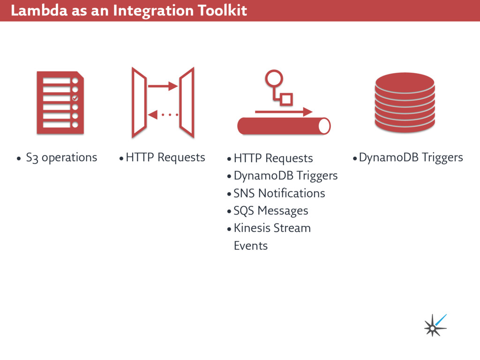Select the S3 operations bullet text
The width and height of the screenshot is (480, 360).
(x=61, y=157)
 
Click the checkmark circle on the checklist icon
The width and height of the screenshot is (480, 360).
(x=75, y=98)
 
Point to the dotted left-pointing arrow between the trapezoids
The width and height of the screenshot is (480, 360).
(x=163, y=114)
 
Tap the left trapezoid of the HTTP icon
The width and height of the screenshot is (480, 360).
(x=139, y=102)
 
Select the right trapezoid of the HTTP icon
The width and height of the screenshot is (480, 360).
(x=187, y=102)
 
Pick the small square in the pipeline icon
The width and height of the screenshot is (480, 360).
(x=286, y=99)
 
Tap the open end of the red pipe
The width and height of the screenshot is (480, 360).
(x=324, y=126)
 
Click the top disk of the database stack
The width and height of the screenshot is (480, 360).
(x=405, y=82)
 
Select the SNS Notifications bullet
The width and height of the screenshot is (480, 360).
(x=279, y=193)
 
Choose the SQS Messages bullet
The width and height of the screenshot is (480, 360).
(x=270, y=211)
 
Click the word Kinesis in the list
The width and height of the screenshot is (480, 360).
(x=252, y=228)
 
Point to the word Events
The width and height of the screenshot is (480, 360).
(x=250, y=246)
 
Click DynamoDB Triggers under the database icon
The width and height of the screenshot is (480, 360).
(x=411, y=157)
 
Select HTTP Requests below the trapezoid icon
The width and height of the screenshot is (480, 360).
(x=165, y=157)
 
